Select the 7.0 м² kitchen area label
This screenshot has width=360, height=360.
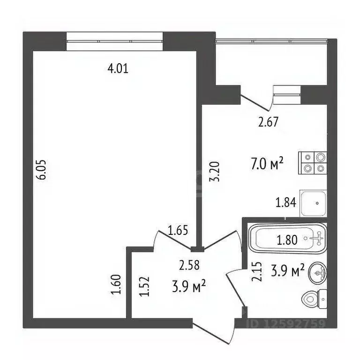point(268,164)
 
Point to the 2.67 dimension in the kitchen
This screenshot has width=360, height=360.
point(269,123)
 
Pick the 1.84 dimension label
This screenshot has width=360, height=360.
point(286,202)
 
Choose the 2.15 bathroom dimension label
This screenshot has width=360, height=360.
point(256,271)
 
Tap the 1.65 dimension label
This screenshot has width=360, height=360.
point(178,231)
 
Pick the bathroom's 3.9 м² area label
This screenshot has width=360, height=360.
point(287,270)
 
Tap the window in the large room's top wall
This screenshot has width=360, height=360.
point(114,40)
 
